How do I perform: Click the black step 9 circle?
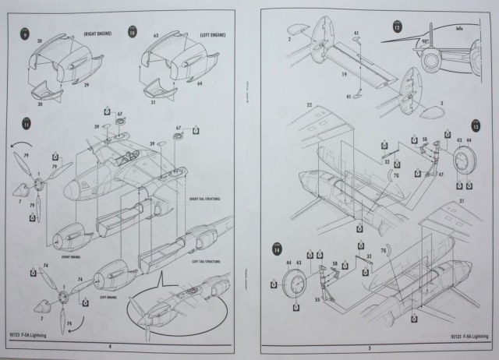point(27,35)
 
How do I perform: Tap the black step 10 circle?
point(132,35)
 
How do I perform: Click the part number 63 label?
point(156,35)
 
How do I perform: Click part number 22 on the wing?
point(309,104)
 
